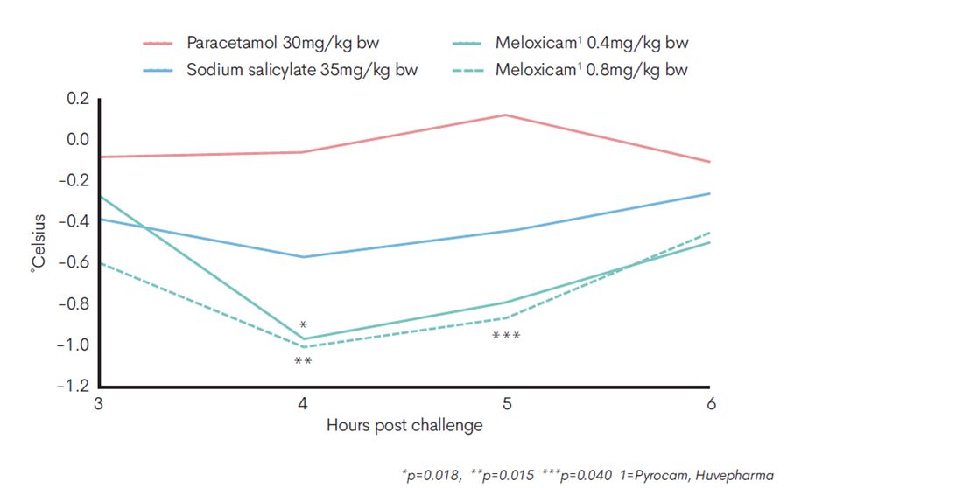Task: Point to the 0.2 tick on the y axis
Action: (x=78, y=99)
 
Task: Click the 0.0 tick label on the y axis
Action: (x=78, y=140)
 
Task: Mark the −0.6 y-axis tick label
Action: (x=74, y=262)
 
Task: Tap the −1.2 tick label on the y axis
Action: (x=74, y=386)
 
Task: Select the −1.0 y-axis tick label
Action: (x=74, y=345)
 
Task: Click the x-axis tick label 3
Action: (x=98, y=404)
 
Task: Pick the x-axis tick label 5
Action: (x=506, y=404)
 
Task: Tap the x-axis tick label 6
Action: (x=711, y=404)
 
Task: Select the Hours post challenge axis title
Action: (x=404, y=426)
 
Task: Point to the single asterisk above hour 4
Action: (x=303, y=325)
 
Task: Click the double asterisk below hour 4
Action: (x=303, y=362)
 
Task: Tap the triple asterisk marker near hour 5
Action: (x=506, y=337)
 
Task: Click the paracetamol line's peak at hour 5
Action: (x=506, y=115)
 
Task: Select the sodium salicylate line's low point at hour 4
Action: (x=303, y=257)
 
